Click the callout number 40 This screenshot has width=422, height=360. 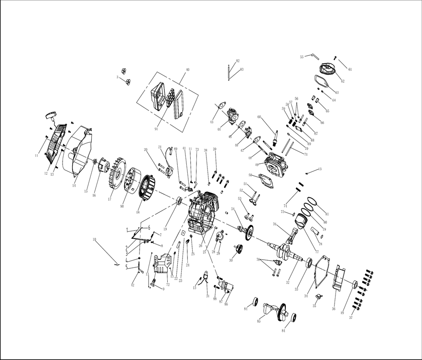tap(187, 70)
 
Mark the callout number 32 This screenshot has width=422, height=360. tap(288, 283)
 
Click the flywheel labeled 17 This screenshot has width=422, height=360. tap(113, 178)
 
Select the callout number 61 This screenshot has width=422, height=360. tap(350, 70)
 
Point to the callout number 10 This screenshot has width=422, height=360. tap(94, 239)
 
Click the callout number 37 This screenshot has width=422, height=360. tap(351, 318)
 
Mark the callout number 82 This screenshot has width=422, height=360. tap(238, 61)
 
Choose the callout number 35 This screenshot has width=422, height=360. tap(314, 306)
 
